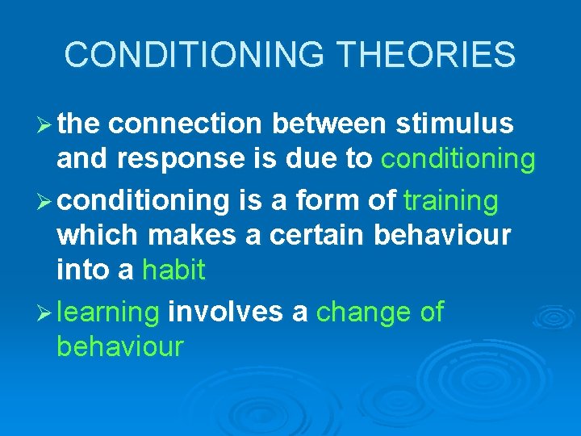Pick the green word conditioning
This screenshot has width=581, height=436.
coord(458,160)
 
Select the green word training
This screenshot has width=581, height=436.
coord(451,200)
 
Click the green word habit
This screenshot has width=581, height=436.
coord(173,270)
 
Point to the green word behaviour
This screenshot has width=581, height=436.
coord(120,347)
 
